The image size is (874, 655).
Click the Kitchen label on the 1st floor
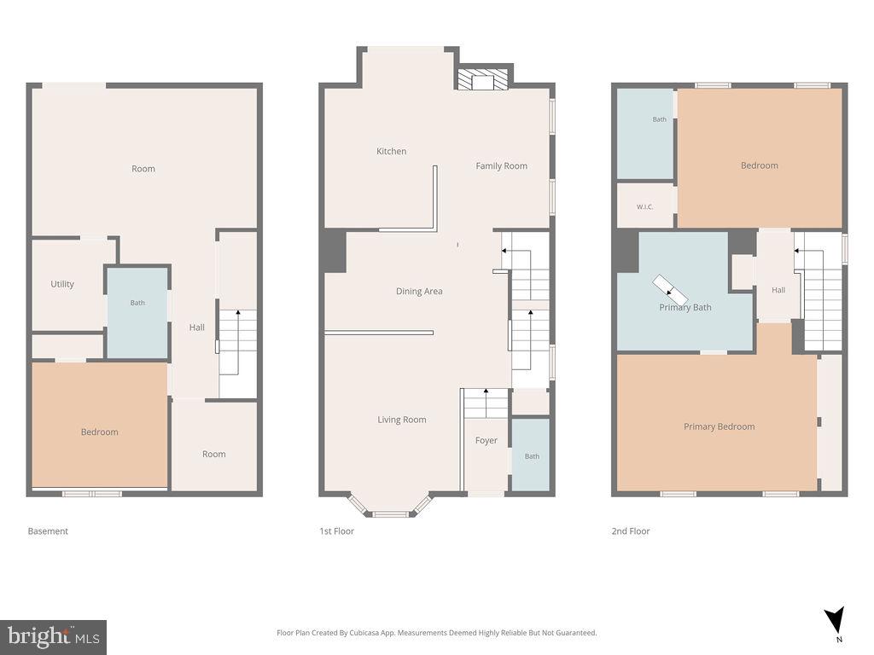click(x=391, y=151)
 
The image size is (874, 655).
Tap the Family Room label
click(x=501, y=165)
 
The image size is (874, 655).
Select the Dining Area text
click(x=419, y=291)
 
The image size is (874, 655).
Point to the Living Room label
click(x=402, y=420)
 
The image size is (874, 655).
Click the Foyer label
click(x=486, y=440)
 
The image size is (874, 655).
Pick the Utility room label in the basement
click(x=62, y=283)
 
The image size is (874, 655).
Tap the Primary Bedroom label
click(x=719, y=426)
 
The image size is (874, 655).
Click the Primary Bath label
click(x=685, y=307)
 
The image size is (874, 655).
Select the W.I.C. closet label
click(x=645, y=206)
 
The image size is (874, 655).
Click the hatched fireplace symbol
click(x=483, y=79)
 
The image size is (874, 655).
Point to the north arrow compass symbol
click(x=835, y=621)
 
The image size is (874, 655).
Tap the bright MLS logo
click(x=53, y=637)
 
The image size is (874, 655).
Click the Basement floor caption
click(x=48, y=530)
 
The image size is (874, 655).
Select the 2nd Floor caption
click(x=631, y=530)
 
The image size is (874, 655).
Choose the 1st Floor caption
click(x=336, y=530)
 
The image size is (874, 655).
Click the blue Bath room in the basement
click(x=137, y=313)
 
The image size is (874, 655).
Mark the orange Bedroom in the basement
click(x=100, y=425)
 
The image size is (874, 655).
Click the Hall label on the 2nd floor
click(x=778, y=290)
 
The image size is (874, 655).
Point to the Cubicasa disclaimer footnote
click(x=436, y=632)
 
